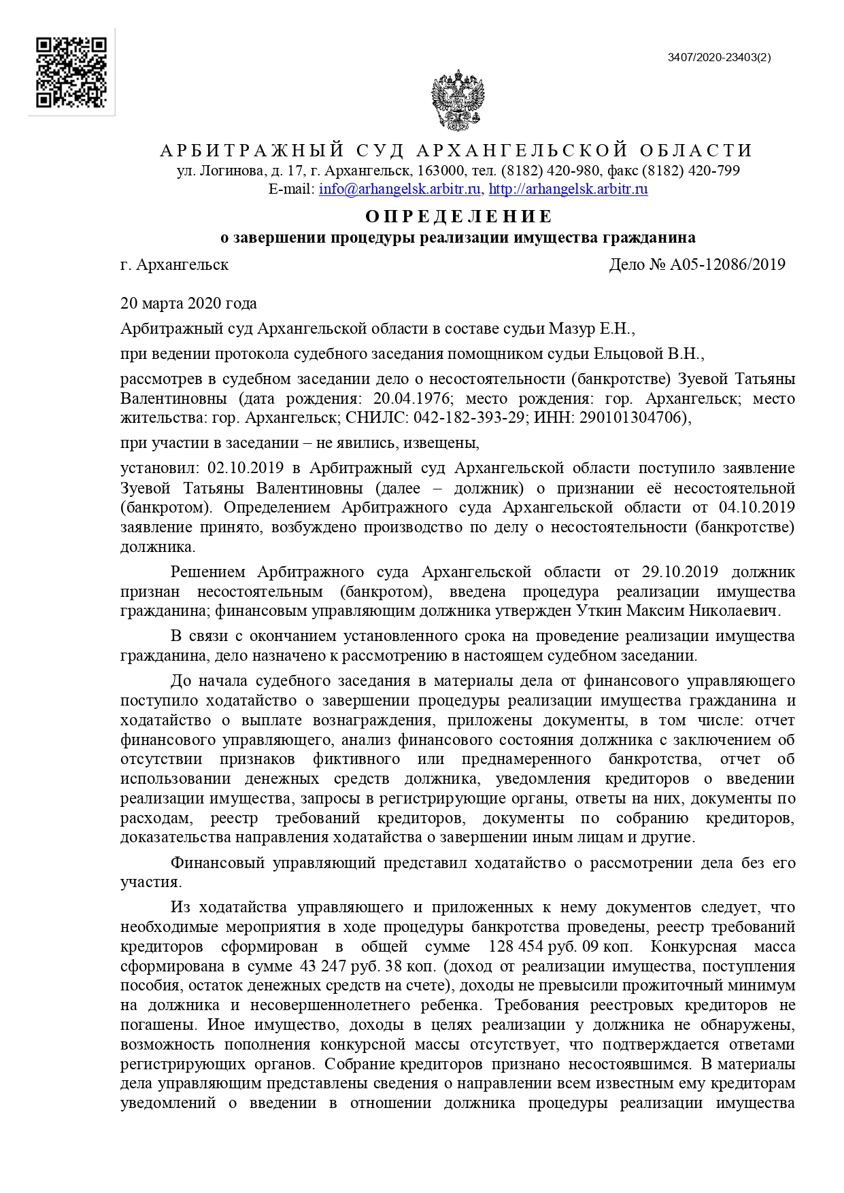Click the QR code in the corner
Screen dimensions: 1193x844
(x=71, y=72)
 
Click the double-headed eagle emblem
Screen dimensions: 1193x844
(x=458, y=100)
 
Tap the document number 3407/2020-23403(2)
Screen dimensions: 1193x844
(x=719, y=58)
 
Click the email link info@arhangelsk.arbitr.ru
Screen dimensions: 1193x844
(x=400, y=189)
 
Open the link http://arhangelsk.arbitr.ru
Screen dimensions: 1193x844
(x=568, y=189)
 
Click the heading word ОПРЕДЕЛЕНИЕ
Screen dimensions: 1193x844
(x=459, y=216)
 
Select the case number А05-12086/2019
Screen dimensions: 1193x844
(x=728, y=264)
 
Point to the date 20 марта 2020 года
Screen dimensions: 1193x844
(x=188, y=303)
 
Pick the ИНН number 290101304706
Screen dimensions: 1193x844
(x=629, y=417)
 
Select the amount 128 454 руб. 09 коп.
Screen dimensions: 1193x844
(x=560, y=947)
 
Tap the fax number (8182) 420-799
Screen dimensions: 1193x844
(x=690, y=171)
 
